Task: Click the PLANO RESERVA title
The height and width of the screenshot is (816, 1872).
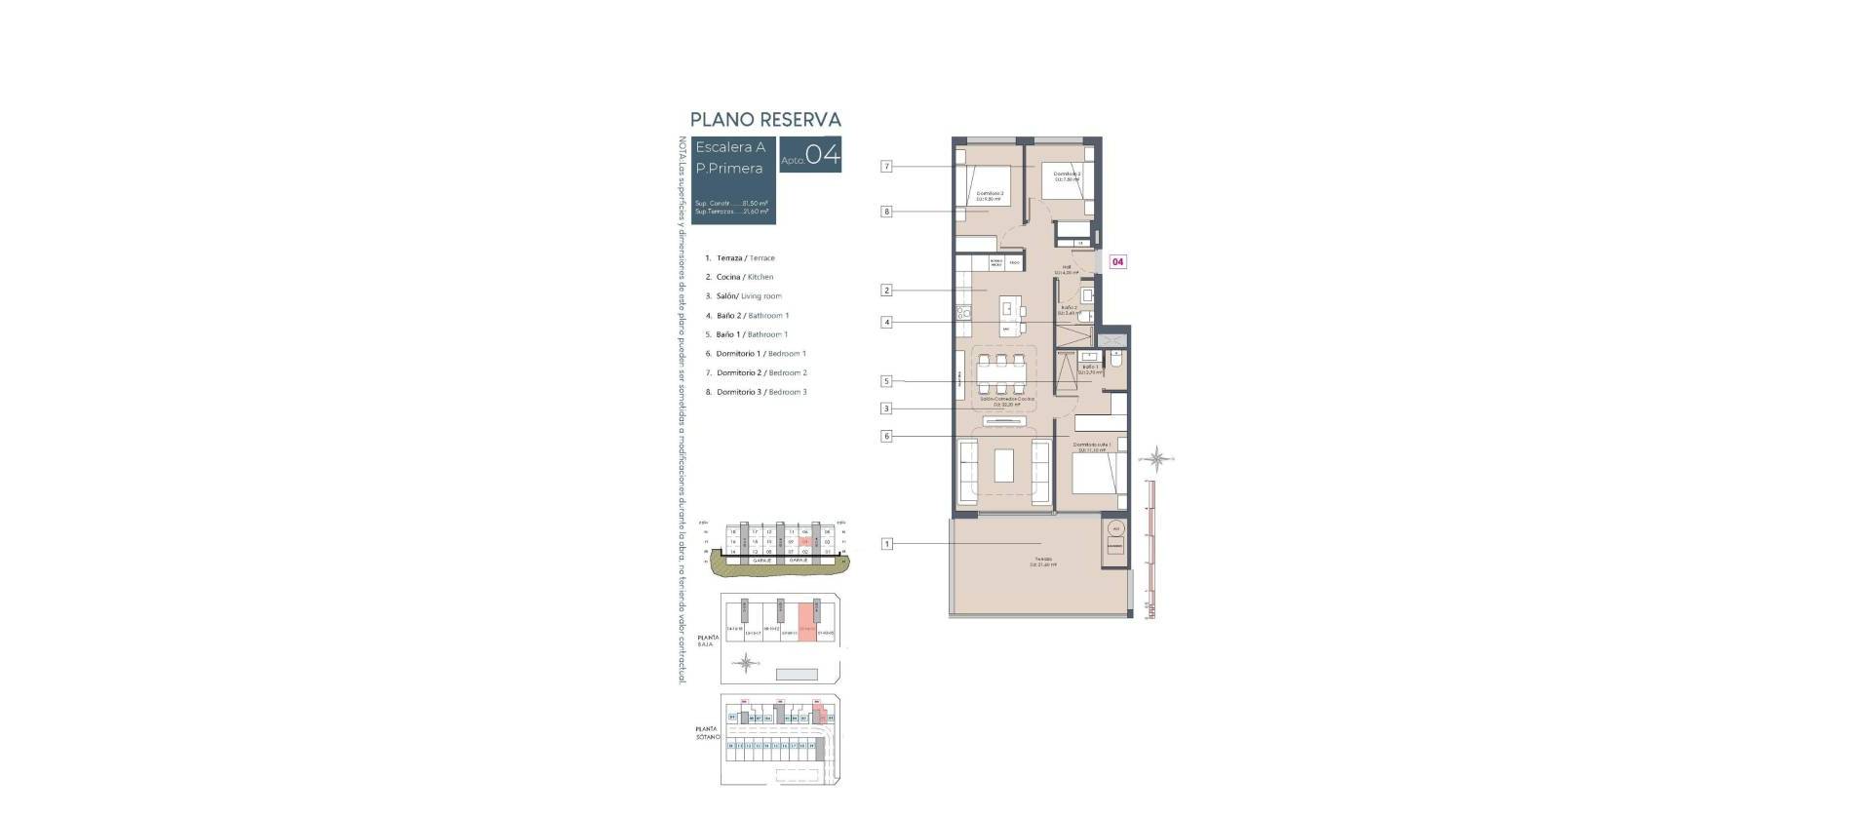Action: click(x=765, y=119)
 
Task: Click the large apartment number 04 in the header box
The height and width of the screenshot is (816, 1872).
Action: click(x=823, y=155)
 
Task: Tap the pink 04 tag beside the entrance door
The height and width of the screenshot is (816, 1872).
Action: click(x=1118, y=261)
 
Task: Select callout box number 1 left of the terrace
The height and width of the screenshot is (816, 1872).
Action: click(x=886, y=544)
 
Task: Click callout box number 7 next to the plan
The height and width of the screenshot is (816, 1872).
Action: click(x=886, y=167)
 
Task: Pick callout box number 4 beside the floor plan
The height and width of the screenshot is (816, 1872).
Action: click(x=886, y=322)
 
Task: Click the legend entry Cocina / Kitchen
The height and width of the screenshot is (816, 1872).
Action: click(x=744, y=277)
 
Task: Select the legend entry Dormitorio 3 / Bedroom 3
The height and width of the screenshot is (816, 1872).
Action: click(x=760, y=392)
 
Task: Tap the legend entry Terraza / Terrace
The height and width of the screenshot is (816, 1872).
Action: click(x=745, y=258)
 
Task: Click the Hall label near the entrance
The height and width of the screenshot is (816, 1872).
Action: click(x=1067, y=267)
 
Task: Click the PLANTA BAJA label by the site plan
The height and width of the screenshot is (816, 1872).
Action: click(x=708, y=641)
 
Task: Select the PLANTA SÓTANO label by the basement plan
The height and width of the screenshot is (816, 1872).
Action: click(x=707, y=732)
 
